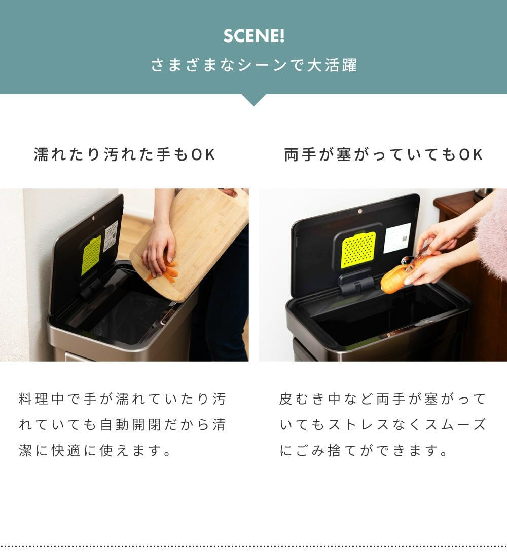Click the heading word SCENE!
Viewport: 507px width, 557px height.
(253, 36)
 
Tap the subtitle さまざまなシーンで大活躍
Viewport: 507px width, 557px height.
(253, 66)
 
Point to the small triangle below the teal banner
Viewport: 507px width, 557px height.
(253, 100)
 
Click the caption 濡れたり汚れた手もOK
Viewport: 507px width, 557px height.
(125, 154)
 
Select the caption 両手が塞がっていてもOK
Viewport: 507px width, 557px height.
(383, 154)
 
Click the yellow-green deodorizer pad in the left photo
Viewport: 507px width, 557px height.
(92, 256)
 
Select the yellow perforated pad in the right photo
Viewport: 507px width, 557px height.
(358, 250)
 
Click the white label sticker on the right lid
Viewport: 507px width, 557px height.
(397, 238)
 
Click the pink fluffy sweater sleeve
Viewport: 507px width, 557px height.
(493, 234)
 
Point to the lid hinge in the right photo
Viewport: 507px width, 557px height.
(356, 284)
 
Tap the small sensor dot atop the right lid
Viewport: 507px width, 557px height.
(360, 211)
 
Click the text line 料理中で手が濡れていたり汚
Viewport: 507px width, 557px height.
(122, 399)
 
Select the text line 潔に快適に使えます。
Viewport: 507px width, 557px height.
(95, 451)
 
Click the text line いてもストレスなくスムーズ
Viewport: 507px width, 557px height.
(383, 425)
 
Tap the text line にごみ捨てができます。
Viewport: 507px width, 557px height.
(364, 451)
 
